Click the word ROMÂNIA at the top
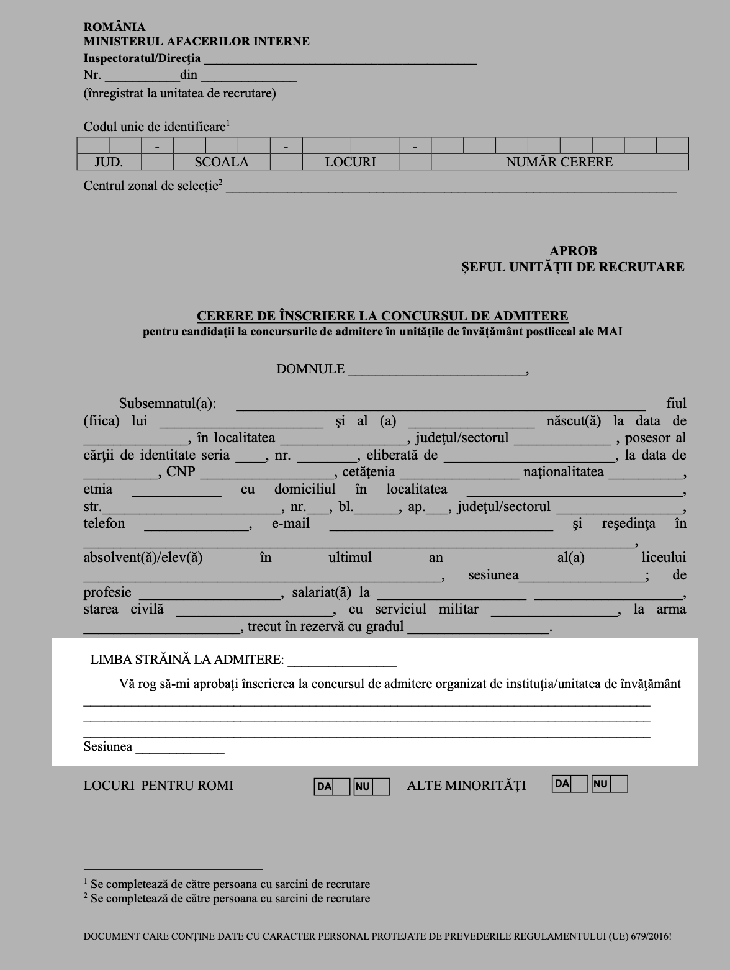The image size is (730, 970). click(114, 27)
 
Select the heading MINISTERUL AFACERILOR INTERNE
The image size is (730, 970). click(196, 42)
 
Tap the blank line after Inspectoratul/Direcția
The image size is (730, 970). click(340, 60)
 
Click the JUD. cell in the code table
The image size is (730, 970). click(109, 162)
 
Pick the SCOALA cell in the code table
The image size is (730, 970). click(221, 162)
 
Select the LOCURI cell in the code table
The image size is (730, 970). click(350, 162)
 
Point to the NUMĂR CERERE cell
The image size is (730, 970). click(559, 162)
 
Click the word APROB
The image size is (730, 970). click(573, 251)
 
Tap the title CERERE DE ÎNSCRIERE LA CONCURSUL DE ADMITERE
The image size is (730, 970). click(382, 316)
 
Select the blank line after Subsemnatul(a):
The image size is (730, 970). click(441, 405)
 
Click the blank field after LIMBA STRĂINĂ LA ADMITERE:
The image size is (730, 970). click(342, 661)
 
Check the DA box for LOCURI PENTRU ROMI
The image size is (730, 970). click(341, 787)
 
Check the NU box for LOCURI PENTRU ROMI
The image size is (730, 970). click(381, 787)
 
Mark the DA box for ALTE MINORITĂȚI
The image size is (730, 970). click(579, 784)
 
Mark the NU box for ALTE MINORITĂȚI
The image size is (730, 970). click(619, 784)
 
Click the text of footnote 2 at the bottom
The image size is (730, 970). click(230, 899)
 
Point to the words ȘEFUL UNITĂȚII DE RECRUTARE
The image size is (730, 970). click(572, 267)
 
